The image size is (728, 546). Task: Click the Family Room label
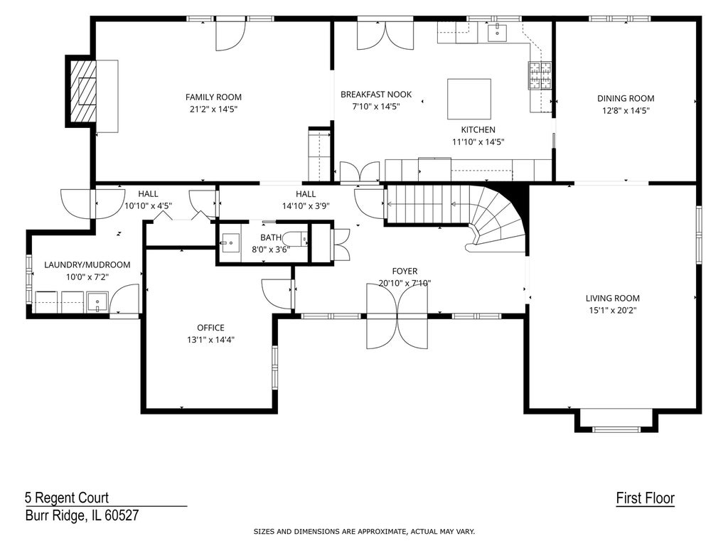(x=213, y=97)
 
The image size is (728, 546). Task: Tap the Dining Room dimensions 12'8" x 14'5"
(x=626, y=110)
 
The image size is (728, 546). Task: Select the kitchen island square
(x=469, y=99)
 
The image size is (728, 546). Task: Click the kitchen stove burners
(x=540, y=75)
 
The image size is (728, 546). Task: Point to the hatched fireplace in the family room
(x=81, y=90)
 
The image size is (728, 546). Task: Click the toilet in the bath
(x=295, y=239)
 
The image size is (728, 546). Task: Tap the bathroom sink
(x=230, y=242)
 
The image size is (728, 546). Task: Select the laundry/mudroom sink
(x=97, y=301)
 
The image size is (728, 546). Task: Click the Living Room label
(x=612, y=299)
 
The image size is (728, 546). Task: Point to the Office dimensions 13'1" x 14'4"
(x=210, y=340)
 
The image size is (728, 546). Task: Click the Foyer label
(x=405, y=271)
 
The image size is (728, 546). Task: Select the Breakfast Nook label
(x=376, y=95)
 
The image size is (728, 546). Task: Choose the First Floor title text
(x=646, y=498)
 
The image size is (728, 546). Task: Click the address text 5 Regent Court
(x=67, y=498)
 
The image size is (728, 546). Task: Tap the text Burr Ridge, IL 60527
(x=82, y=515)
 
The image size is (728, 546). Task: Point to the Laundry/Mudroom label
(x=87, y=265)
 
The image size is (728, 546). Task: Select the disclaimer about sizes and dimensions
(x=364, y=532)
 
